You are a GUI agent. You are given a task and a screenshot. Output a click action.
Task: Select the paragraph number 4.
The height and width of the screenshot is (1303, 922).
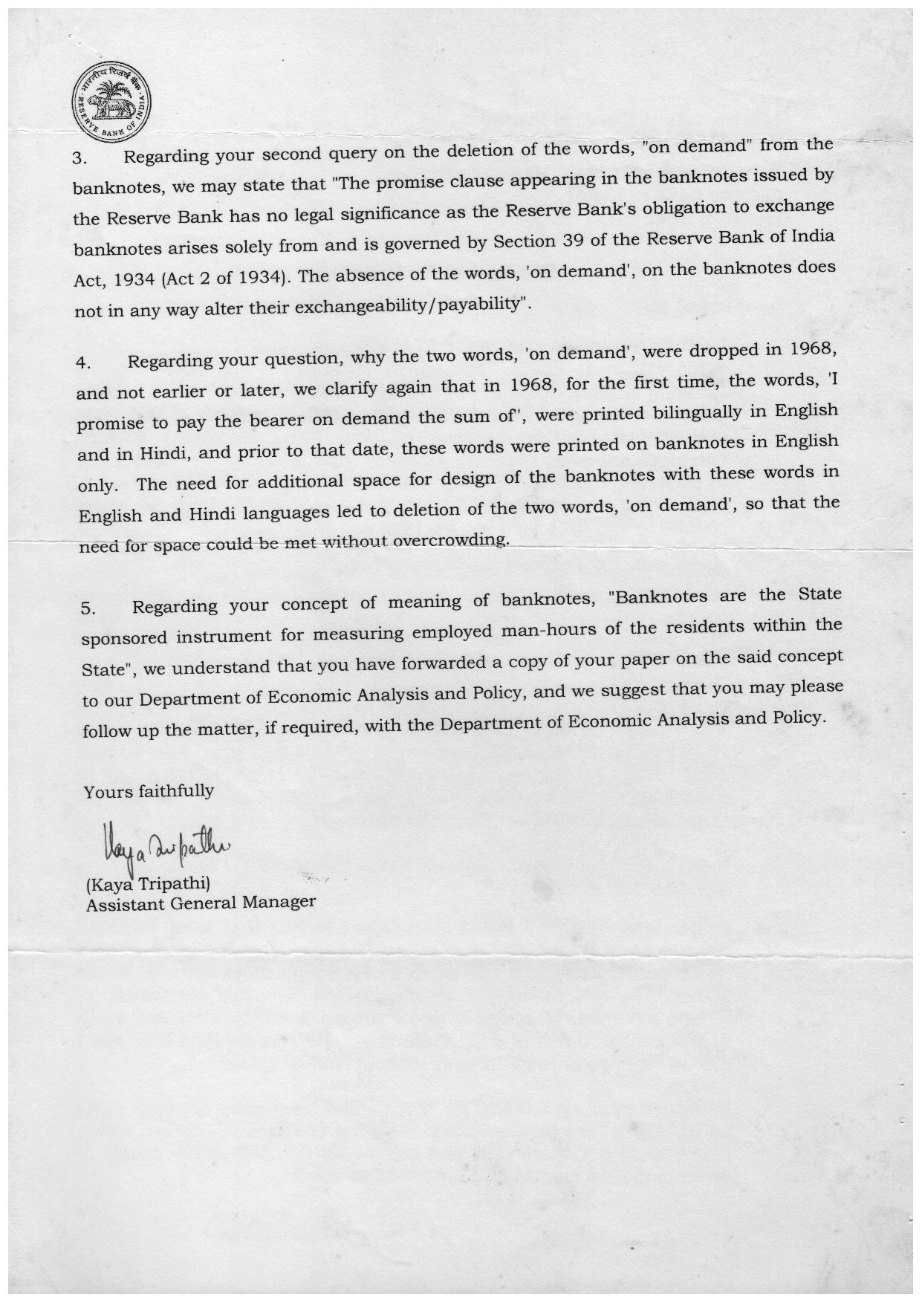pyautogui.click(x=83, y=364)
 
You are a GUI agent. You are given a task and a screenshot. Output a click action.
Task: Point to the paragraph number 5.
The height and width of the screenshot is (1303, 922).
pyautogui.click(x=88, y=608)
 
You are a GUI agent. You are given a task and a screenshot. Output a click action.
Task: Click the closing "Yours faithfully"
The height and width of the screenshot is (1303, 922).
pyautogui.click(x=149, y=791)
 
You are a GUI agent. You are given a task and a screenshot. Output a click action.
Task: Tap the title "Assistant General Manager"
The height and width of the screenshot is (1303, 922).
pyautogui.click(x=201, y=903)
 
